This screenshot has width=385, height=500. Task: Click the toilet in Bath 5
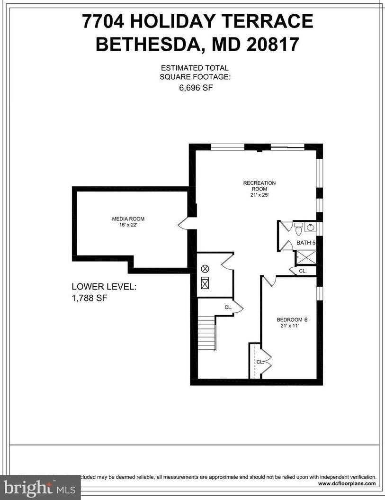point(298,230)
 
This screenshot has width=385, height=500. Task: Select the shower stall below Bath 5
point(306,258)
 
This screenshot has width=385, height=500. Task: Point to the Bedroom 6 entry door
point(269,281)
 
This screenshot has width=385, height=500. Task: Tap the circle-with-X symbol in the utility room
point(205,269)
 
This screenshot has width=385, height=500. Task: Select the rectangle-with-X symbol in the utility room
point(205,284)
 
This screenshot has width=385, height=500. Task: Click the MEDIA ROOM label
point(128,218)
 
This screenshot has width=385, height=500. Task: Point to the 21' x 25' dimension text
point(260,195)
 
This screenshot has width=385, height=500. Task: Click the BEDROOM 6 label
point(289,319)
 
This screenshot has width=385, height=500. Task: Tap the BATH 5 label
point(306,243)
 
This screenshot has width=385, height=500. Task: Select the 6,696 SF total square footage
point(194,88)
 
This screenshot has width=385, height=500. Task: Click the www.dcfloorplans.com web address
point(347,484)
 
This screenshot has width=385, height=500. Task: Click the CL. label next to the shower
point(303,271)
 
